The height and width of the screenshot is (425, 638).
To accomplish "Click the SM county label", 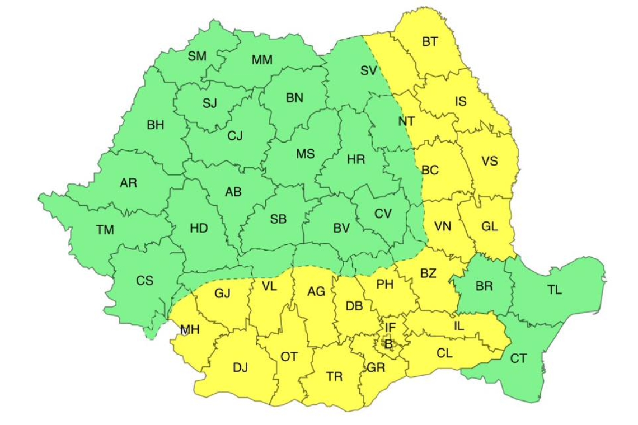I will click(197, 56).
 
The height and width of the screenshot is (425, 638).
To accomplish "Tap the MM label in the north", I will click(262, 60).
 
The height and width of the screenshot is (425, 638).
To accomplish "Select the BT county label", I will click(430, 41).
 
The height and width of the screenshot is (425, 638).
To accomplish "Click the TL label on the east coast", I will click(555, 290).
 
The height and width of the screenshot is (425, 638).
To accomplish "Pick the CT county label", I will click(518, 358).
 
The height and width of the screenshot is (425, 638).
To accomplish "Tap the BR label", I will click(484, 286).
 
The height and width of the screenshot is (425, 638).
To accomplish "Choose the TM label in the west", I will click(105, 230).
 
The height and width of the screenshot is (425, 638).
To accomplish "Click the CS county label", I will click(144, 281).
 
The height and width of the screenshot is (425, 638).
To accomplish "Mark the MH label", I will click(190, 330).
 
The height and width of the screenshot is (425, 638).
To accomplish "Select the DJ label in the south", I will click(240, 367).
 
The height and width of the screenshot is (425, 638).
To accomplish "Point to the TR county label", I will click(334, 377).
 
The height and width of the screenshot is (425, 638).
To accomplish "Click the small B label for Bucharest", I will click(387, 344).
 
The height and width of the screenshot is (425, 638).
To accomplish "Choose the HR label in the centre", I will click(356, 159).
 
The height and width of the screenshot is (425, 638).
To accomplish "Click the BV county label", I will click(341, 228).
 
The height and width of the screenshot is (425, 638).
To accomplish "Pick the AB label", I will click(233, 192).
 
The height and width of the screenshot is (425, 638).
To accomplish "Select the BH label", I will click(156, 125).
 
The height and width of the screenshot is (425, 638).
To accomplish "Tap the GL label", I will click(489, 226).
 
